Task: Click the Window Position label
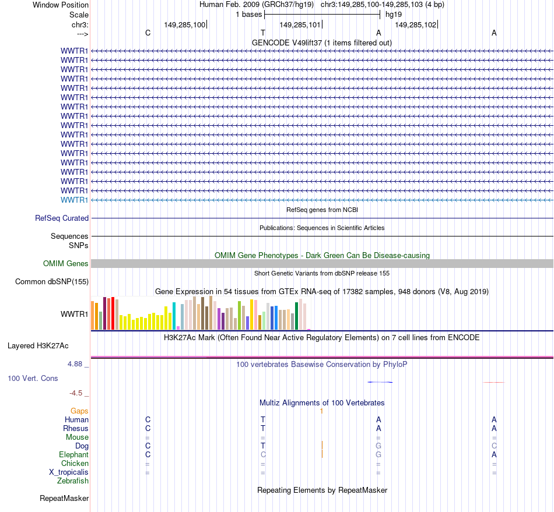point(61,5)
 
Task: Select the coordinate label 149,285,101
point(300,24)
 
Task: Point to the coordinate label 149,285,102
point(415,24)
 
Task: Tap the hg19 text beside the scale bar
point(394,14)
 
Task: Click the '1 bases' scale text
point(249,14)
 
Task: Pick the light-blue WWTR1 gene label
point(75,200)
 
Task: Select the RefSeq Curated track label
point(62,218)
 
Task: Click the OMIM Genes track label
point(66,264)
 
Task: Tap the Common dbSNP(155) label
point(51,282)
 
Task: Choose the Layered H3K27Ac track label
point(38,346)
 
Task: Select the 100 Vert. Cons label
point(33,379)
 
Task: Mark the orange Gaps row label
point(79,411)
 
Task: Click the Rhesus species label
point(76,429)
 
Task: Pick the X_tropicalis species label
point(69,472)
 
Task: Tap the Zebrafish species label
point(73,481)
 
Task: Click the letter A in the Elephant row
point(494,454)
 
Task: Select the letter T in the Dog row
point(263,446)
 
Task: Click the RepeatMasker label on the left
point(64,499)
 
